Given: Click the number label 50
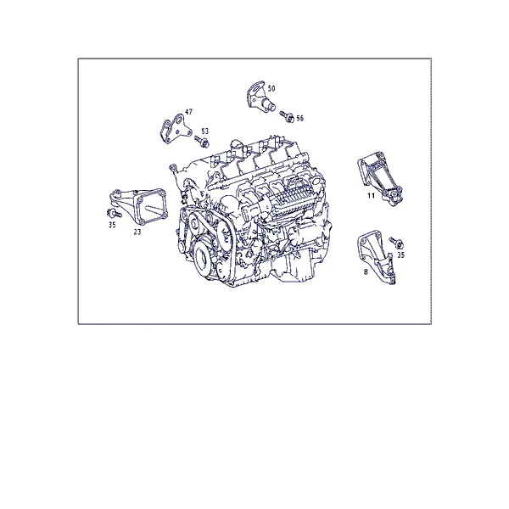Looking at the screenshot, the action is (271, 88).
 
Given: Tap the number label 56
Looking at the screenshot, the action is (299, 118).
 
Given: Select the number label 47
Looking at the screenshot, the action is (188, 112).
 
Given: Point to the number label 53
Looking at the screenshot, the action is (204, 131).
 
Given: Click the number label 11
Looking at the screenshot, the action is (371, 195).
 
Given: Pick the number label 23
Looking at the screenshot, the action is (137, 232).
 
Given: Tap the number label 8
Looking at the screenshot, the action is (366, 272).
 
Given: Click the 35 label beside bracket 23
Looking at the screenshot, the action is (112, 225).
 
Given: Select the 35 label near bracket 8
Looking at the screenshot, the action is (401, 255).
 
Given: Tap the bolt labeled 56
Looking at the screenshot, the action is (287, 116).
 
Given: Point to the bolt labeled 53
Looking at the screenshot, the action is (202, 142).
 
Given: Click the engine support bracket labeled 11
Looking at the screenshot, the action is (380, 177).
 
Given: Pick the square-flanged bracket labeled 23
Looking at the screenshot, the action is (139, 206).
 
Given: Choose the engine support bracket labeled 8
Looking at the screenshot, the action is (377, 256).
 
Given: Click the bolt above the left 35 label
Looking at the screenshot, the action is (114, 214).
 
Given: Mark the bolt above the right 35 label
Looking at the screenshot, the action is (397, 243).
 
